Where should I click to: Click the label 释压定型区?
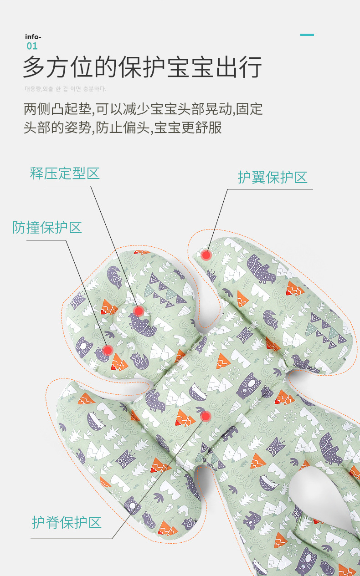(65, 173)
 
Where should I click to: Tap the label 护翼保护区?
(273, 178)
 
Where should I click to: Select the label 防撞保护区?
(47, 228)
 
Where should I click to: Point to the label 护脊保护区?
(67, 522)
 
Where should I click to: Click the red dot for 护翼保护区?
(206, 255)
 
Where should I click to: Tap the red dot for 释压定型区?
(139, 311)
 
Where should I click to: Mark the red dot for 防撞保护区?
(108, 350)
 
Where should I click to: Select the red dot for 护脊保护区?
(206, 416)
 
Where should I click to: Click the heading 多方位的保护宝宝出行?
(143, 67)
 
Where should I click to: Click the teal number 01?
(32, 46)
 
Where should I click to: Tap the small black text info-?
(33, 37)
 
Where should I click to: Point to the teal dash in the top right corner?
(307, 35)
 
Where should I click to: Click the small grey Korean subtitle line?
(65, 89)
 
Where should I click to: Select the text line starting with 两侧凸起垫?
(143, 109)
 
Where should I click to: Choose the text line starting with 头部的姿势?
(123, 127)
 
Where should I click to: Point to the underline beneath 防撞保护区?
(41, 240)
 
